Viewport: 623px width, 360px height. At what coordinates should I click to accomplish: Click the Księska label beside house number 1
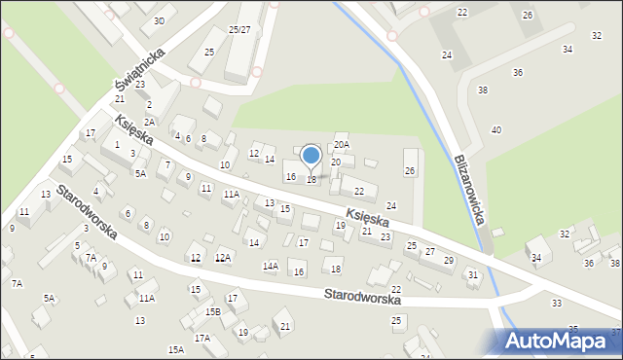(132, 130)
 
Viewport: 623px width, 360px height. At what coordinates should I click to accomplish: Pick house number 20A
(341, 145)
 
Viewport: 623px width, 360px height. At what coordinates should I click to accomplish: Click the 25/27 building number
(239, 30)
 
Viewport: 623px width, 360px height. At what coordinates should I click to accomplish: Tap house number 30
(159, 20)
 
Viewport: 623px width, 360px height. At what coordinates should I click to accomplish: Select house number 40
(496, 130)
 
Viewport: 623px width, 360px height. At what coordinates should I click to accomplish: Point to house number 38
(482, 90)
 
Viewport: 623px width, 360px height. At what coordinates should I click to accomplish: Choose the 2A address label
(150, 122)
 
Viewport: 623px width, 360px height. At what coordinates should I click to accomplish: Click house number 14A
(271, 266)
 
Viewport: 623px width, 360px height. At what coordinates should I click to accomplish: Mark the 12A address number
(223, 257)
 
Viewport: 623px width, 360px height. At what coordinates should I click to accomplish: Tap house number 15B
(212, 311)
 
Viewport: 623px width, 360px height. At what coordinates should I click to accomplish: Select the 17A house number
(202, 338)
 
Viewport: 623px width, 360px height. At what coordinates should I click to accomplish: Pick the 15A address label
(175, 348)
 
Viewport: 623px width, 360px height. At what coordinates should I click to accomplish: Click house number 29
(449, 261)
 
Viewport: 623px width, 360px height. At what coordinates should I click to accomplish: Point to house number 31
(473, 275)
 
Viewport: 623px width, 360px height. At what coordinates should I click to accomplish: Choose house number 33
(557, 304)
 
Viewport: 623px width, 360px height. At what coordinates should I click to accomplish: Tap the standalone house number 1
(117, 145)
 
